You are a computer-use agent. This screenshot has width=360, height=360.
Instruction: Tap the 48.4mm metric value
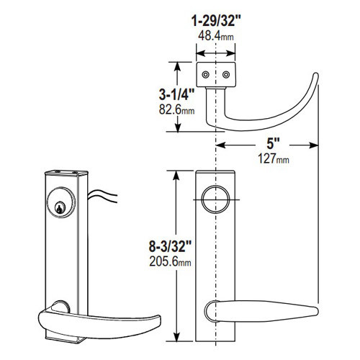[216, 35]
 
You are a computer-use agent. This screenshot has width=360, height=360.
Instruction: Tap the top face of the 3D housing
[67, 174]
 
